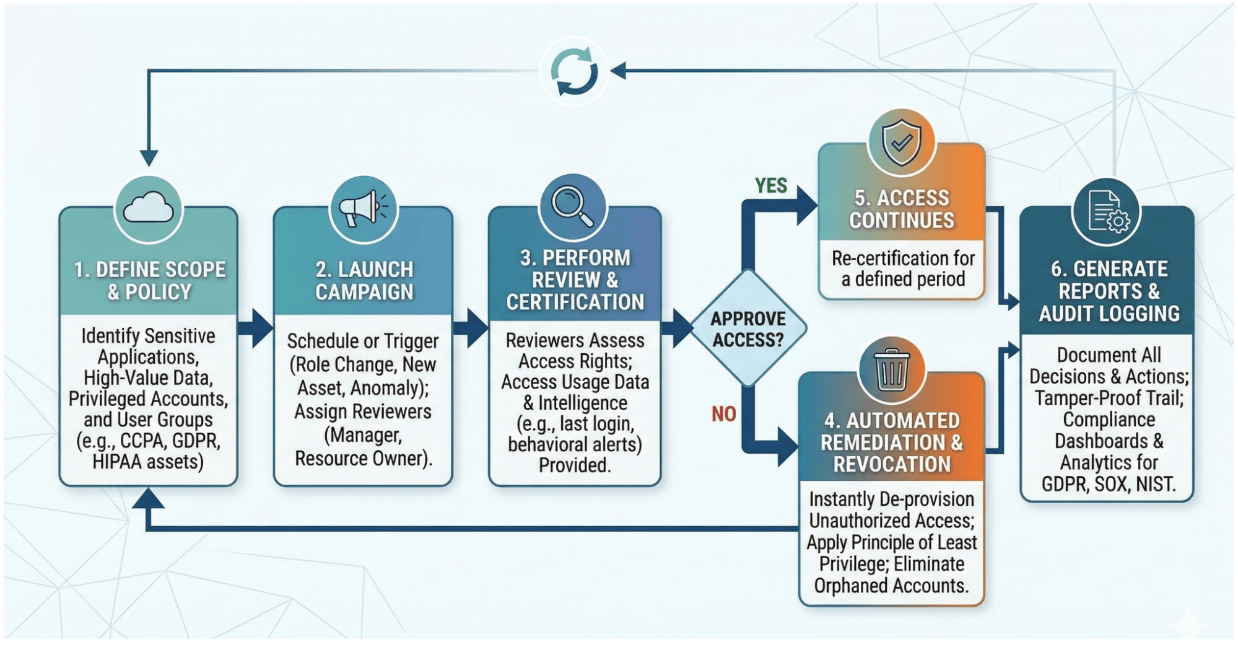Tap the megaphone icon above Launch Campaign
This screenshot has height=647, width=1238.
[x=364, y=208]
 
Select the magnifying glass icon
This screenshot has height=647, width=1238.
[x=573, y=206]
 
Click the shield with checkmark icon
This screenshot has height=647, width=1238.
[x=901, y=142]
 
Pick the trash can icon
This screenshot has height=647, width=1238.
[x=891, y=369]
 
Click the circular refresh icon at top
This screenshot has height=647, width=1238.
[x=574, y=71]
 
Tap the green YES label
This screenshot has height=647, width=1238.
[x=770, y=185]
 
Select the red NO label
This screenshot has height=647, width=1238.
[x=723, y=413]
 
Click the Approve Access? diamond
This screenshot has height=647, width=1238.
[x=748, y=328]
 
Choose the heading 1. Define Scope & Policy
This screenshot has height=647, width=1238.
[x=149, y=281]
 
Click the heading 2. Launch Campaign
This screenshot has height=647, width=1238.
[x=364, y=281]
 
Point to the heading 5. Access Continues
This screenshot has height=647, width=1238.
[x=902, y=209]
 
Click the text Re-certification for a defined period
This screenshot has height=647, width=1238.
[x=903, y=268]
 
